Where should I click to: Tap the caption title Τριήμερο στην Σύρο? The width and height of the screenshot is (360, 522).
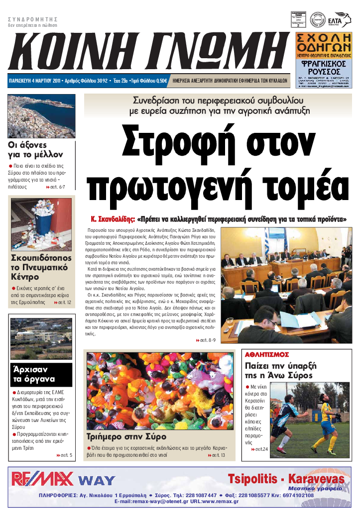click(x=126, y=437)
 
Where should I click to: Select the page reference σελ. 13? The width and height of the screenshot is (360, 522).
click(x=217, y=455)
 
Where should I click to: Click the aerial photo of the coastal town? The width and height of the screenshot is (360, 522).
click(x=41, y=116)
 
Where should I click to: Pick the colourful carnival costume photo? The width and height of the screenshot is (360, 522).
click(x=159, y=391)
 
